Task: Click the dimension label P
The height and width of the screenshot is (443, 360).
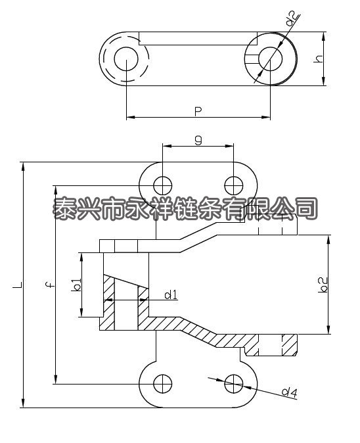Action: point(198,110)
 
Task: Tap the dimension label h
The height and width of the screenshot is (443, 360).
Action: point(319,58)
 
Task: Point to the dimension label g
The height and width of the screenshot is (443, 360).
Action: point(198,139)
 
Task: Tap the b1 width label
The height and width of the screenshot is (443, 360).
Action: point(77,285)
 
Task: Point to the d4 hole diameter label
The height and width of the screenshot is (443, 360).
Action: point(289,392)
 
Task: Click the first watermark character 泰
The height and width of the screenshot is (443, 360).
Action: point(66,209)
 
